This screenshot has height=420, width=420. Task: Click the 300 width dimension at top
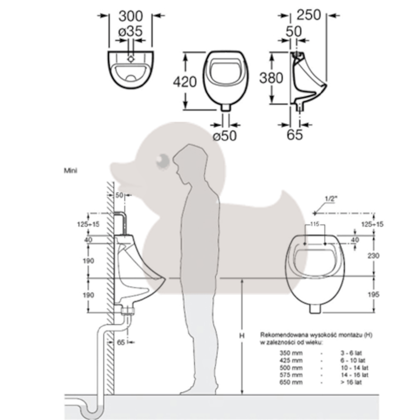click(x=131, y=16)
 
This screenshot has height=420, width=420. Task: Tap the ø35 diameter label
click(x=131, y=31)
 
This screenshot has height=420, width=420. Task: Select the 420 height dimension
click(x=185, y=82)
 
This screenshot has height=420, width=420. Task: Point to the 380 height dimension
click(x=271, y=78)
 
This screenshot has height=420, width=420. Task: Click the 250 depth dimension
click(x=309, y=15)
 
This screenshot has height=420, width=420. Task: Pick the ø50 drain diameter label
click(x=225, y=136)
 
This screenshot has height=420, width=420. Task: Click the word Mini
click(x=70, y=170)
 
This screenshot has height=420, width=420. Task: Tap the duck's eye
click(x=162, y=161)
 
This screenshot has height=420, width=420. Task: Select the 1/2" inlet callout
click(x=330, y=199)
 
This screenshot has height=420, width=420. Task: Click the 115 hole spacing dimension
click(x=315, y=224)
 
